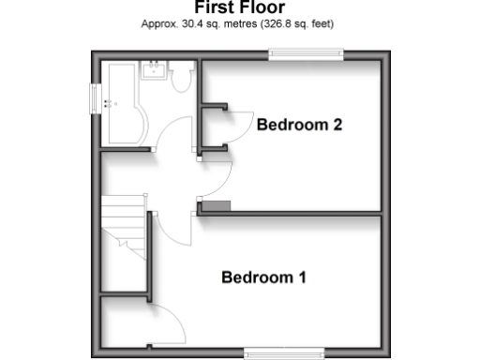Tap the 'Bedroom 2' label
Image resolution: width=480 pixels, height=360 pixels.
pyautogui.click(x=299, y=125)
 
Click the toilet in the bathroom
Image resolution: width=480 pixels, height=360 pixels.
pyautogui.click(x=182, y=78)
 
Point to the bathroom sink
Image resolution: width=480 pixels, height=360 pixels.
pyautogui.click(x=153, y=70)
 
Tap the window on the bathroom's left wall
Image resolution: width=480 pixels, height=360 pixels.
pyautogui.click(x=96, y=97)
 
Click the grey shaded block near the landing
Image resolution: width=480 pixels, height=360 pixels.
pyautogui.click(x=215, y=206)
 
